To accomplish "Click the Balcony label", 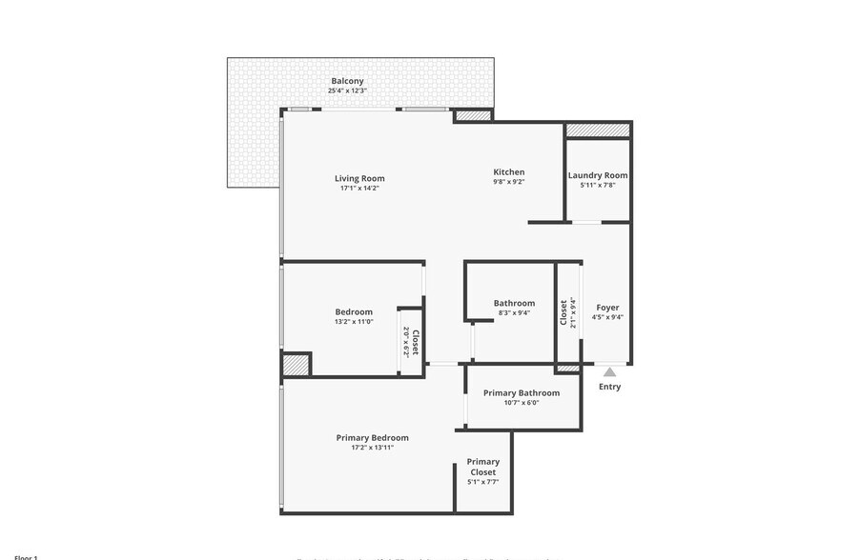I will click(x=347, y=81).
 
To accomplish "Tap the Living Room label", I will click(x=359, y=178).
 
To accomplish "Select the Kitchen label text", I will click(x=508, y=172).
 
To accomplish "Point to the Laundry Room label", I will click(x=598, y=175).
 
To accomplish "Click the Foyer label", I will click(x=607, y=308).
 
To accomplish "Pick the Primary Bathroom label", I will click(x=521, y=393).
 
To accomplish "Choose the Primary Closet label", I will click(x=482, y=467).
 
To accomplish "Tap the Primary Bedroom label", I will click(x=372, y=438).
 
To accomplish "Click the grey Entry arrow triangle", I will click(x=609, y=371).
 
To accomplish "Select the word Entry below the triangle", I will click(x=609, y=387).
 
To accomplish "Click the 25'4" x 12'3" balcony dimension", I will click(x=347, y=92).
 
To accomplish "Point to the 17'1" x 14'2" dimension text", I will click(x=359, y=189).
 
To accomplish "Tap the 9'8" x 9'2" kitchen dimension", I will click(x=508, y=182).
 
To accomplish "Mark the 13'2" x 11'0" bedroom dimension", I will click(x=353, y=322).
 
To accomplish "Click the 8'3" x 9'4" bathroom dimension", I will click(x=515, y=312).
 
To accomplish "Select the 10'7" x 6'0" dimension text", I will click(x=521, y=403).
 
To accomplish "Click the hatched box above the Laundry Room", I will click(x=598, y=130).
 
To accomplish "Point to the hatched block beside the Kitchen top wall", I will click(x=472, y=116).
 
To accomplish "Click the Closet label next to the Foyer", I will click(x=564, y=313).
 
